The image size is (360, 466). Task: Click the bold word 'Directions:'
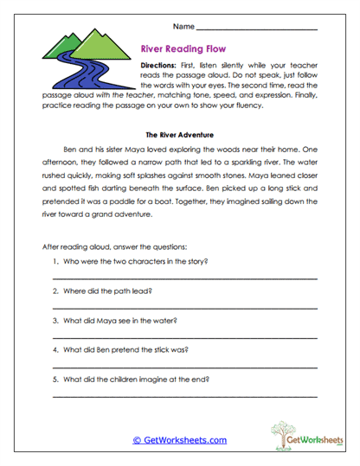point(161,66)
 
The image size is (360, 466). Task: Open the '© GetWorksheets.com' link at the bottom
point(179,440)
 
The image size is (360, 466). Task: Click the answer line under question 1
point(184,278)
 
